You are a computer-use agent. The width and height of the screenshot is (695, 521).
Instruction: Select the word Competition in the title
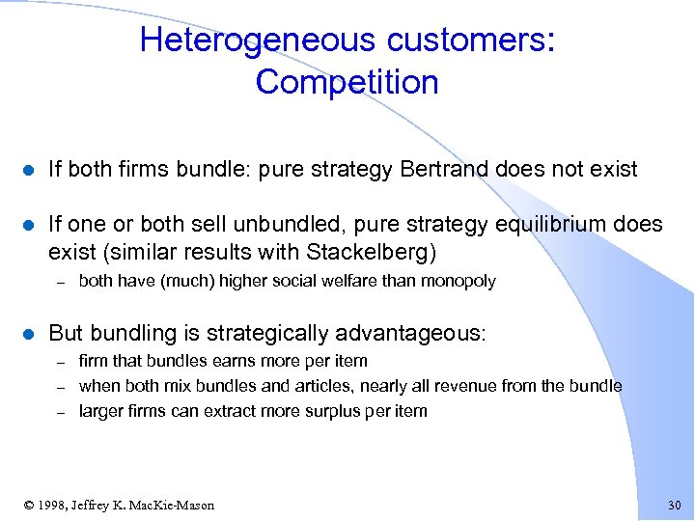tap(347, 82)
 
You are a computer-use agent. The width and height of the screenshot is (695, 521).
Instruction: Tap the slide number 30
tap(674, 506)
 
